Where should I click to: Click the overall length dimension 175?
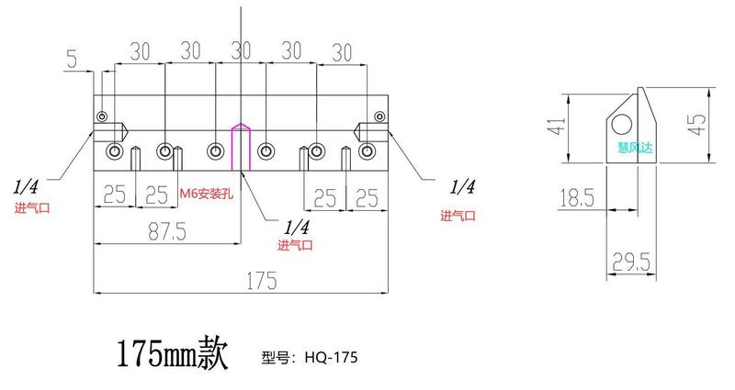tap(262, 281)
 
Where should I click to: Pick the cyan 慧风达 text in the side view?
tap(632, 144)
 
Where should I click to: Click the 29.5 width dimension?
tap(633, 264)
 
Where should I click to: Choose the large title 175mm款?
tap(169, 353)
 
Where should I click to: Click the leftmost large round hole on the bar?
tap(115, 150)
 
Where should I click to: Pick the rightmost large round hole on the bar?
tap(367, 150)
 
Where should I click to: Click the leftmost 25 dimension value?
tap(114, 195)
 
